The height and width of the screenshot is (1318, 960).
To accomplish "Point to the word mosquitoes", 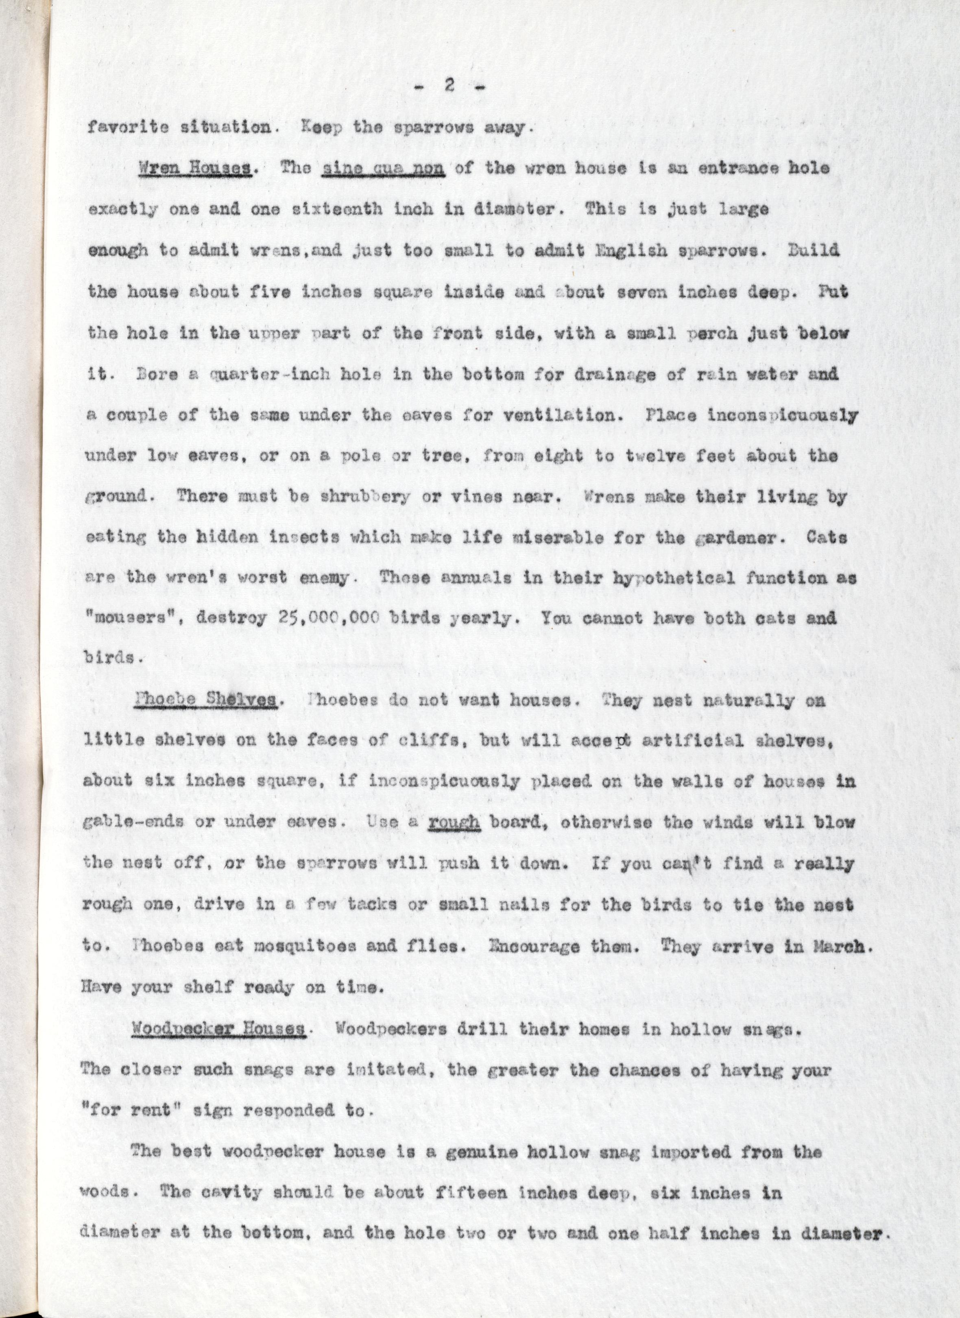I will [310, 946].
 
